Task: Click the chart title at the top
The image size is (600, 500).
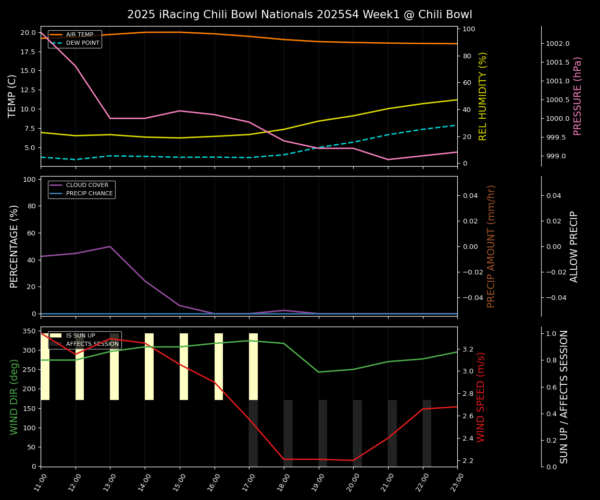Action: (x=299, y=15)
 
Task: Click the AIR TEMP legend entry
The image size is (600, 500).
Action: (x=79, y=35)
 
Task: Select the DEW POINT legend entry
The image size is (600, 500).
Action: (x=82, y=43)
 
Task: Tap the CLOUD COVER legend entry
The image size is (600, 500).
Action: (x=87, y=185)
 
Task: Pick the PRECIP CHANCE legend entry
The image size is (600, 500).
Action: (x=89, y=194)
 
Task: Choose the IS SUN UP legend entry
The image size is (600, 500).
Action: (x=80, y=336)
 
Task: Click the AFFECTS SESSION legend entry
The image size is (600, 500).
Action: (x=92, y=344)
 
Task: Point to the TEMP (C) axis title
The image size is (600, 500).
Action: (x=12, y=96)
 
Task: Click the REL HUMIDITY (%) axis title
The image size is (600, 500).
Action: (x=483, y=96)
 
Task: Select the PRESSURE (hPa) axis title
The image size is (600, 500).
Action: (x=578, y=96)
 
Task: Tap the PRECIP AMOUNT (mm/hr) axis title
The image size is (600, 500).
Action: (x=491, y=246)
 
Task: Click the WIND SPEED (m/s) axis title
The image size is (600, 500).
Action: (x=481, y=397)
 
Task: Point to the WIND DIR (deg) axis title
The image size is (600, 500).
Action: (x=14, y=397)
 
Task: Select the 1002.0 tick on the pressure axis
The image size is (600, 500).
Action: (x=557, y=44)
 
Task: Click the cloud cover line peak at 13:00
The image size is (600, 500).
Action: (x=110, y=246)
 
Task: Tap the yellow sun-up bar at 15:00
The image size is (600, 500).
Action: (x=184, y=367)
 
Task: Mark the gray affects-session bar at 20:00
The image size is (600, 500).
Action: (x=357, y=433)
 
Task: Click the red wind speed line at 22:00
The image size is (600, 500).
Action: (x=422, y=409)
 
